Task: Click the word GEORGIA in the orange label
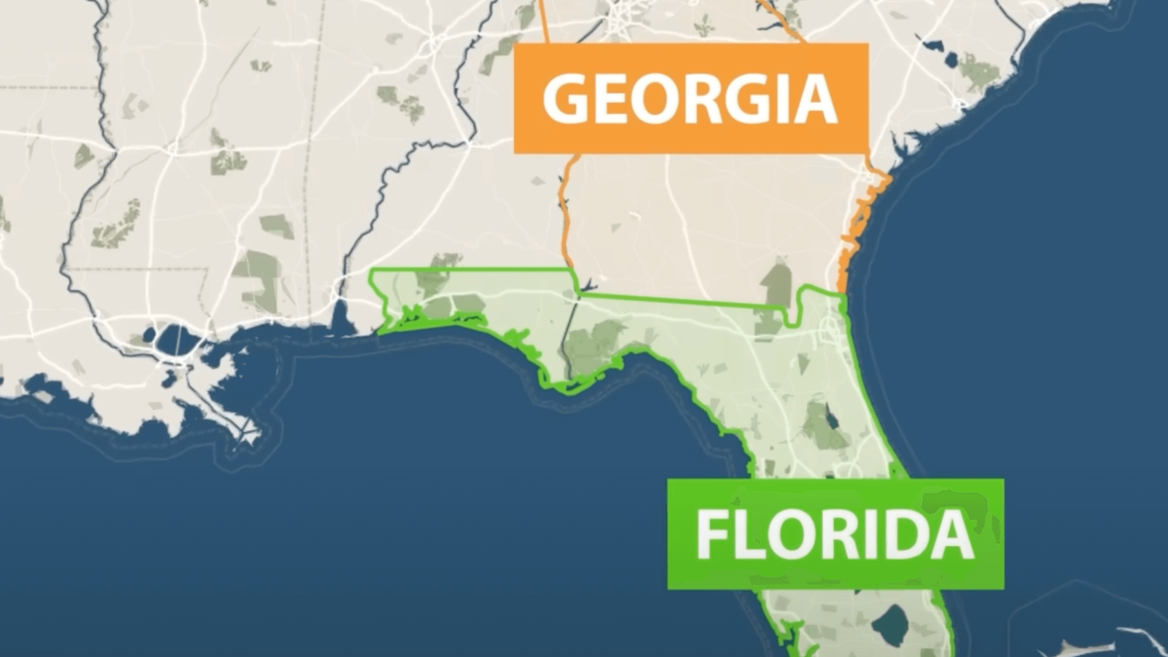(691, 98)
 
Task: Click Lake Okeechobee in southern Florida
(892, 621)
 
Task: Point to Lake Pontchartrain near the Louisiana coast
(174, 338)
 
